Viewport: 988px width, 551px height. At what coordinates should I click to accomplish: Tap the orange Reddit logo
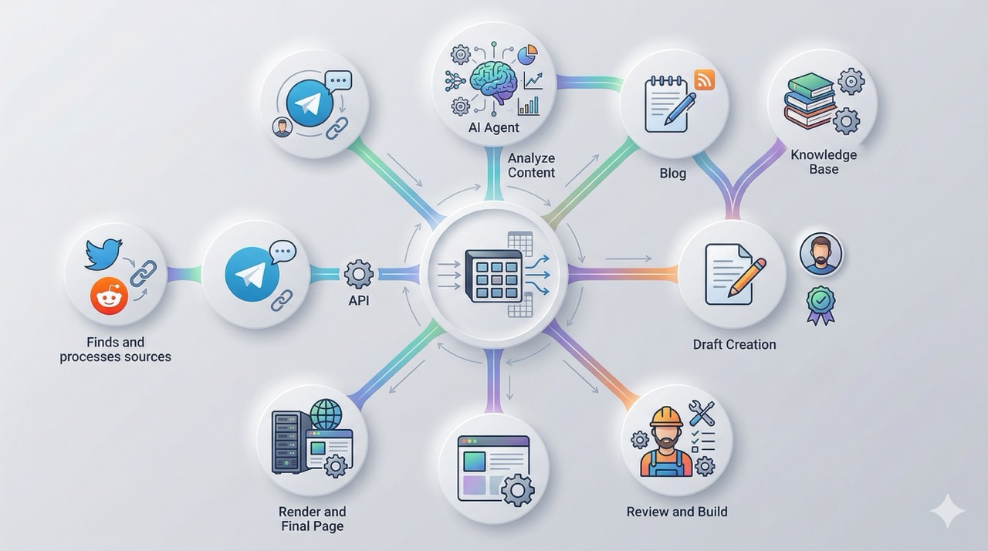109,296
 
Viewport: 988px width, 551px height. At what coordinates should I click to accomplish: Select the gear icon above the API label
358,274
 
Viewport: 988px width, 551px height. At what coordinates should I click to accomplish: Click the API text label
359,300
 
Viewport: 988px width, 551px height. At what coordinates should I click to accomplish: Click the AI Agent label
493,127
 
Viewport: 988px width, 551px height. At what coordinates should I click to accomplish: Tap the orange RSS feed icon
704,79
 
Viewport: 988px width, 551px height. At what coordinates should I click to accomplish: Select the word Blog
672,174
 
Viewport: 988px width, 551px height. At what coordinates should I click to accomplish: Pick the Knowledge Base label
824,162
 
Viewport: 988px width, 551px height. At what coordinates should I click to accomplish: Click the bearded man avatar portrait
821,254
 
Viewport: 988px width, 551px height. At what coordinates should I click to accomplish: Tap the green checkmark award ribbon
821,303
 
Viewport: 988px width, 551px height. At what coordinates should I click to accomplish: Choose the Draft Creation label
734,344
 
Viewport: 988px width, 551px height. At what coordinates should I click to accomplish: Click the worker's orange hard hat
665,417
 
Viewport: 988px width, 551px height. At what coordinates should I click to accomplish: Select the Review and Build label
676,512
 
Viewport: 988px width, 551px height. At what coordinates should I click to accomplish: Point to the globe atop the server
325,414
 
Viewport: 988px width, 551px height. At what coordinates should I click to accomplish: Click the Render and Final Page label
312,519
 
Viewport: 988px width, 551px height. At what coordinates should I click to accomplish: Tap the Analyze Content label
531,165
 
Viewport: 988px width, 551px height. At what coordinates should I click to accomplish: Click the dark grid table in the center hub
493,275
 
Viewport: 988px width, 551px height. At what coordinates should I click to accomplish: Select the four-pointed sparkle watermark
947,512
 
